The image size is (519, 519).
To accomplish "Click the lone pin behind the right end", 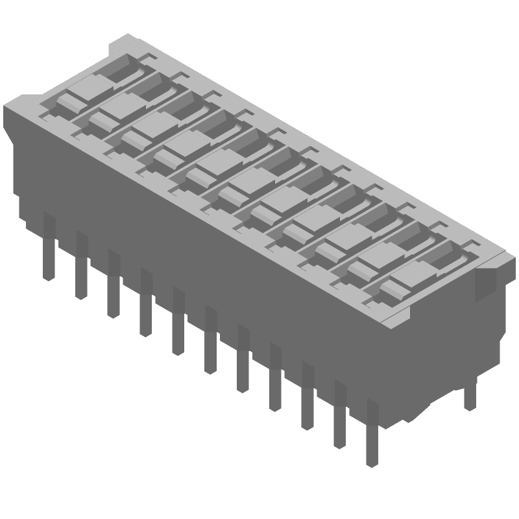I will tap(470, 396).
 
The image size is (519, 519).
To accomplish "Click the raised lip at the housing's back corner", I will tap(120, 45).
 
